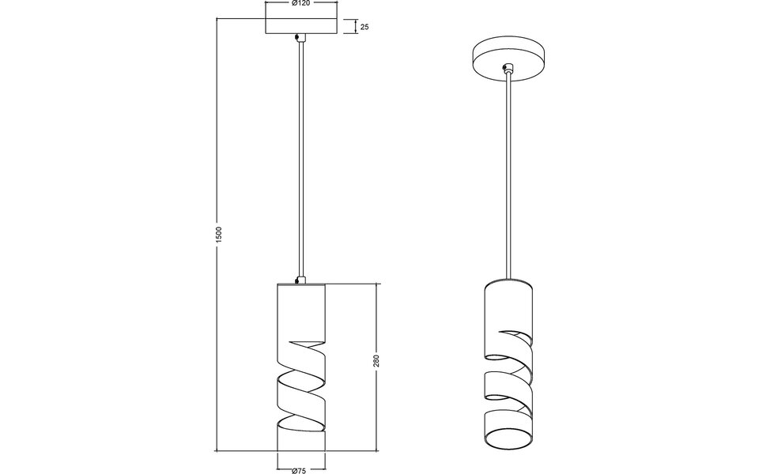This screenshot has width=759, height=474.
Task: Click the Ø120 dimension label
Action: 300,5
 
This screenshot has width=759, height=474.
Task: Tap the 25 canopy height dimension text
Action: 364,27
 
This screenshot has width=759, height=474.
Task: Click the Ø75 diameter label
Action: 300,471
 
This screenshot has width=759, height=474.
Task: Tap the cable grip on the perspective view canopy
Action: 510,70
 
